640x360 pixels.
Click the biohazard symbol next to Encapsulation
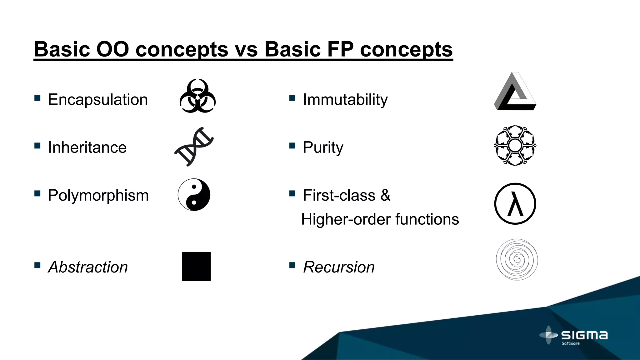click(197, 96)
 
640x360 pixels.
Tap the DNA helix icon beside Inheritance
click(194, 147)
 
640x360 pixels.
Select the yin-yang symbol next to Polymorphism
click(194, 195)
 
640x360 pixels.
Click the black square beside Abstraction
click(196, 267)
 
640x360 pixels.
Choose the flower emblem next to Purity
click(515, 145)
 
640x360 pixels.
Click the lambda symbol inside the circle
click(515, 204)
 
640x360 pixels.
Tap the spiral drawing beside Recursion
click(517, 259)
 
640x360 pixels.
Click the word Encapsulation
click(98, 100)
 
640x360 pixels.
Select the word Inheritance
click(87, 147)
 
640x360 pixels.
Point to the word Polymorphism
click(98, 196)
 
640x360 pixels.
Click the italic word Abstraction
click(88, 267)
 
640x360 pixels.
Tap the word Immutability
click(345, 100)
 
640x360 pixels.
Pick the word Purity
click(323, 147)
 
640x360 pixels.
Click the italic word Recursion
click(339, 267)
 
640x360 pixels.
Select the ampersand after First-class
click(385, 195)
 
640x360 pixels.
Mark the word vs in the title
click(246, 49)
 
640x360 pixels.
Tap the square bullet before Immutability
click(292, 98)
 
